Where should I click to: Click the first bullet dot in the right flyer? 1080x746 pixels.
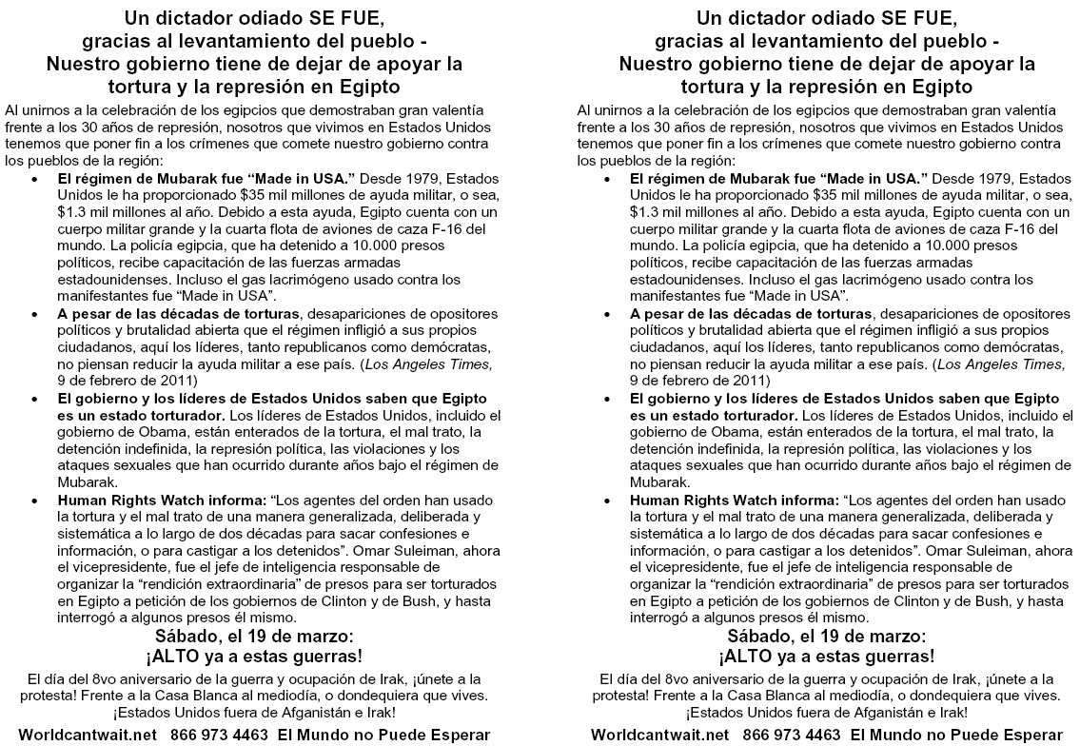(x=608, y=179)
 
